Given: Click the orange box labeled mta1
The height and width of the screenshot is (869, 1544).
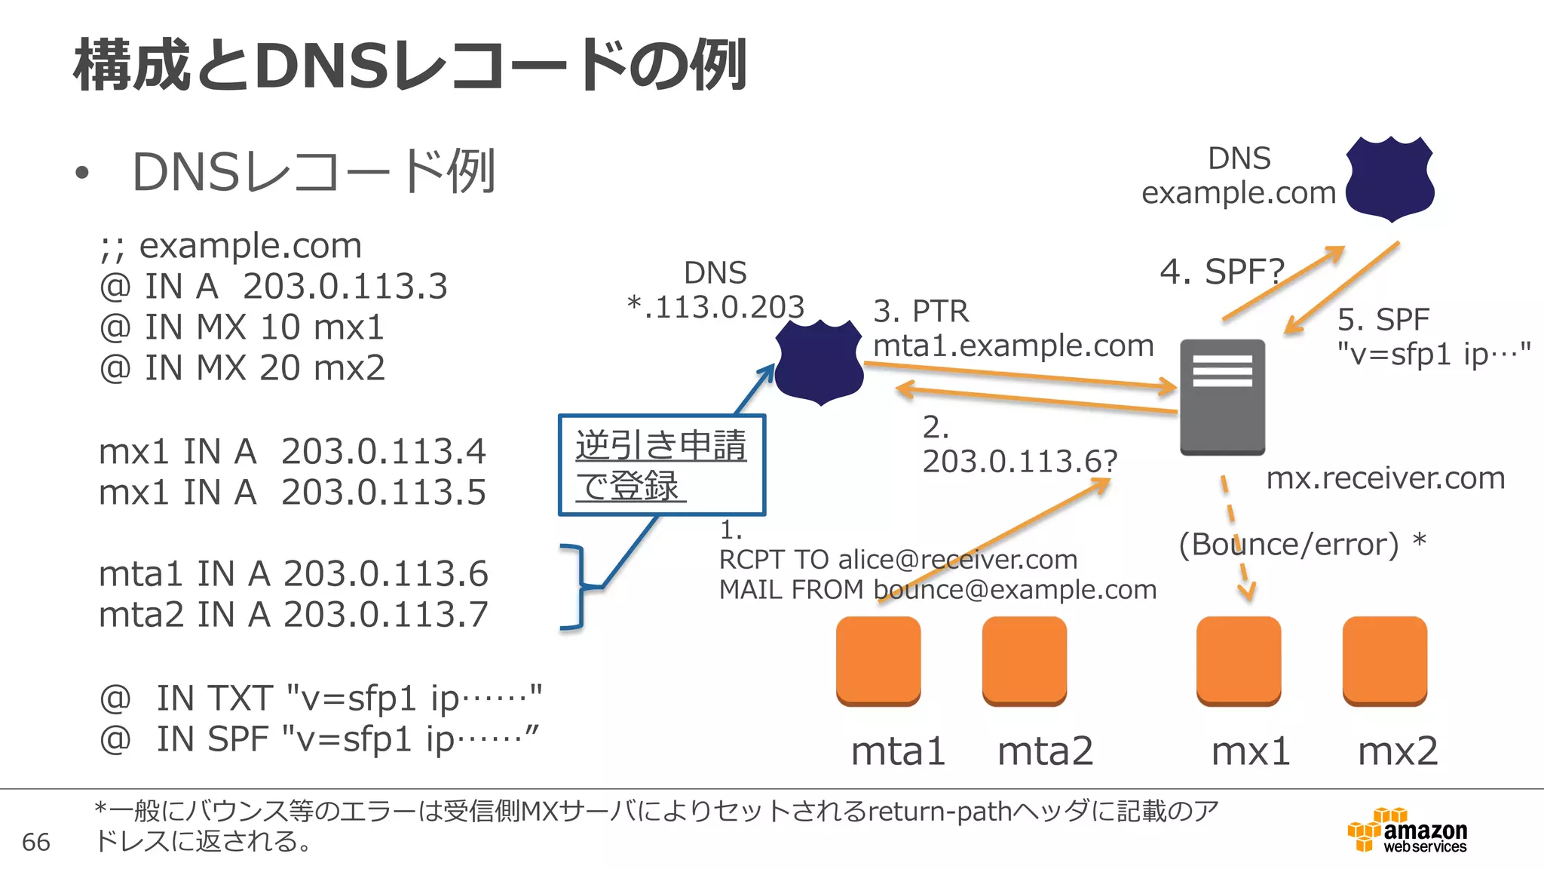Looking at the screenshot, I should pyautogui.click(x=878, y=660).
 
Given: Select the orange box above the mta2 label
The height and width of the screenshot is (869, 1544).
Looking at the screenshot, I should pyautogui.click(x=1025, y=660).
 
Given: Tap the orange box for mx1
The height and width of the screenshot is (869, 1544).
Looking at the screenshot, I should pyautogui.click(x=1239, y=660).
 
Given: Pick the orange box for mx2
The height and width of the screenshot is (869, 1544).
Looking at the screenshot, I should pyautogui.click(x=1385, y=660).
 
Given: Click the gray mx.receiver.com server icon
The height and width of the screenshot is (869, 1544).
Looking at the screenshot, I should pyautogui.click(x=1222, y=397).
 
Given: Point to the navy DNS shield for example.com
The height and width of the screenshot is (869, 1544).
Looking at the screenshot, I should pyautogui.click(x=1389, y=179).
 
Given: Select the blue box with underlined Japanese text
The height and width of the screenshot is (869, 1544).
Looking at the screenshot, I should pyautogui.click(x=661, y=465).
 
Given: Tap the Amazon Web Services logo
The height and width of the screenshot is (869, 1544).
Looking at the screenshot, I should pyautogui.click(x=1408, y=830).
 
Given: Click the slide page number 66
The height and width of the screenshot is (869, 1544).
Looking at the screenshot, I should pyautogui.click(x=36, y=842).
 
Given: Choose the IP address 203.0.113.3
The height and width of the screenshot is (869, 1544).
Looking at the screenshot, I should pyautogui.click(x=345, y=287).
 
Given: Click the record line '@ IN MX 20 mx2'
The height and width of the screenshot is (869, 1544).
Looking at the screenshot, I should pyautogui.click(x=242, y=368).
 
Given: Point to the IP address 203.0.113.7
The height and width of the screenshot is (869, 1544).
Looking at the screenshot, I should pyautogui.click(x=386, y=615).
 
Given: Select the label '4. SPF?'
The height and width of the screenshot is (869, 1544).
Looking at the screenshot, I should pyautogui.click(x=1221, y=272).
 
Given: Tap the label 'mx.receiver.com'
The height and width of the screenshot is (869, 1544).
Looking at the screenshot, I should pyautogui.click(x=1385, y=478).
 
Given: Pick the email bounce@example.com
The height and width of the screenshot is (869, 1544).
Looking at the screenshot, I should pyautogui.click(x=1015, y=590).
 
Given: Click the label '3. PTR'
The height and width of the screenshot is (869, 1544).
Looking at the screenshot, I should pyautogui.click(x=921, y=312).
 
